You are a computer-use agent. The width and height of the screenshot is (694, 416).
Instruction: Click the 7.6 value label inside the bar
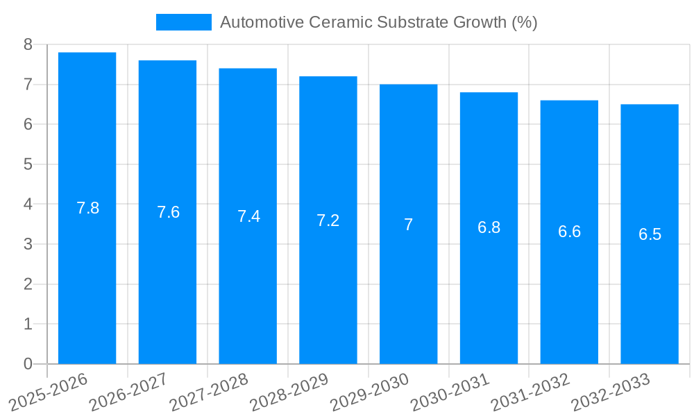click(x=168, y=212)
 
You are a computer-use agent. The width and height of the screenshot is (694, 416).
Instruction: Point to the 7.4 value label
click(x=248, y=216)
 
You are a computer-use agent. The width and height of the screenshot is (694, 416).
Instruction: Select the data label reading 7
click(x=409, y=225)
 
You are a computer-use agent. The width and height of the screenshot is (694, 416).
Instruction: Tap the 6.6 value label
click(x=569, y=232)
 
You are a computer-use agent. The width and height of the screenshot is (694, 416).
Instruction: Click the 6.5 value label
click(x=650, y=234)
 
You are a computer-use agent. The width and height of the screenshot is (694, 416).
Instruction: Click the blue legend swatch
click(x=183, y=22)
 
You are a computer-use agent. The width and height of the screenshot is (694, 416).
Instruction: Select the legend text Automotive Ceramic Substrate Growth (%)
click(x=378, y=22)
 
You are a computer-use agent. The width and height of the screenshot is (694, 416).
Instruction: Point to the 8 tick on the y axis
click(x=28, y=44)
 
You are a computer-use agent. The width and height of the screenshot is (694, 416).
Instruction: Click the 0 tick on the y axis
click(x=28, y=364)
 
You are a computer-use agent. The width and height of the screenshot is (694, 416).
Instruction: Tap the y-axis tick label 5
click(x=28, y=164)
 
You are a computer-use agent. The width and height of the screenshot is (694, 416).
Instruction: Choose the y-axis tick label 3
click(x=28, y=244)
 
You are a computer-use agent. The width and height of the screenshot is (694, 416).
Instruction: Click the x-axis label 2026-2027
click(x=128, y=392)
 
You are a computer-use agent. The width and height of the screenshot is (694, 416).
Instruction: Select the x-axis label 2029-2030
click(x=369, y=392)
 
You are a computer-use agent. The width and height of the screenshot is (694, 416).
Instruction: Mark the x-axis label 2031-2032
click(x=530, y=392)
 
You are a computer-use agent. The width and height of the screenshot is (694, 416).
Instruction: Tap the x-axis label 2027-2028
click(x=208, y=392)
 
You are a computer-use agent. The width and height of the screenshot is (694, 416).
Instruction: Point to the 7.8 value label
click(x=87, y=208)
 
